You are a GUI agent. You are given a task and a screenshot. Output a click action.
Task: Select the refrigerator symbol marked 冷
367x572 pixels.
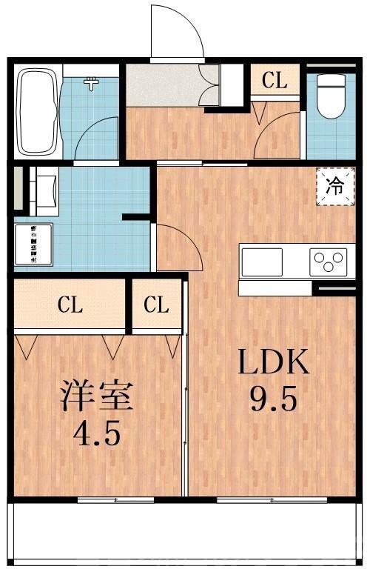(x=336, y=186)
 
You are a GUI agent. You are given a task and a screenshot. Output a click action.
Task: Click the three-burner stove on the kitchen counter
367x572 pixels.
(x=327, y=262)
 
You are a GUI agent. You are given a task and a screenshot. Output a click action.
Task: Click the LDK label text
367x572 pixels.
(x=272, y=365)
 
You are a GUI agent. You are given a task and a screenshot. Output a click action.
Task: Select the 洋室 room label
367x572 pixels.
(x=96, y=397)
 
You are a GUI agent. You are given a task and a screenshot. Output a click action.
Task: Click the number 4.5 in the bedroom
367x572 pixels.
(x=96, y=433)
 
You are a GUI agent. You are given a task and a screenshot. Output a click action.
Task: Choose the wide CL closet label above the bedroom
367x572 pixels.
(x=71, y=305)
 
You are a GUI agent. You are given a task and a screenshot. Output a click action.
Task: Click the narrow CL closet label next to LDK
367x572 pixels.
(x=157, y=305)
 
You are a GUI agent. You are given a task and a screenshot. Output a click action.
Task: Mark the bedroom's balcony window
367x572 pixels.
(x=115, y=500)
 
